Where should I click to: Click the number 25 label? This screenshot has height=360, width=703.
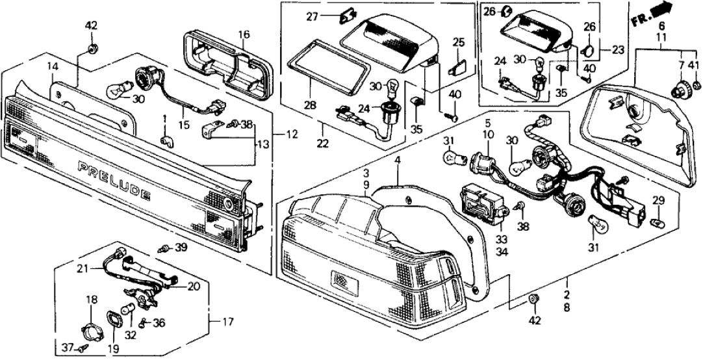(x=459, y=43)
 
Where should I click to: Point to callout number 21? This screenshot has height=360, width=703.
(x=82, y=268)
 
